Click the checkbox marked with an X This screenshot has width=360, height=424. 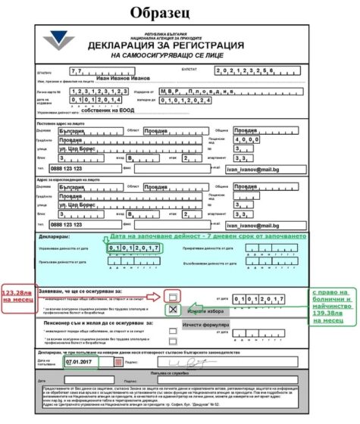174,310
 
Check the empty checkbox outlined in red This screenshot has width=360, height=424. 174,296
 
